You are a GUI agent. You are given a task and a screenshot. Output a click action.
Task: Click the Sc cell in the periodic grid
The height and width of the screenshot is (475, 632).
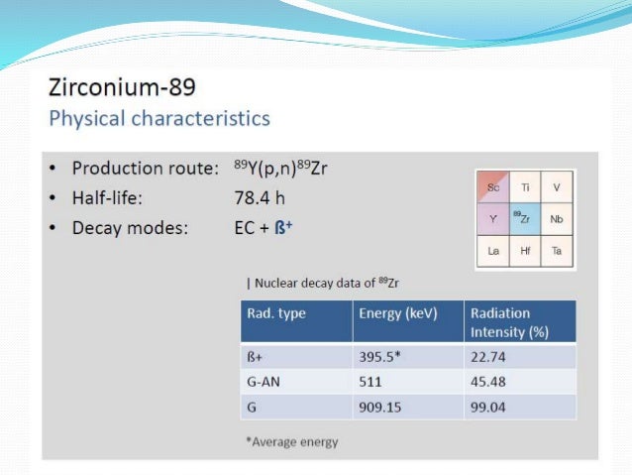click(x=493, y=186)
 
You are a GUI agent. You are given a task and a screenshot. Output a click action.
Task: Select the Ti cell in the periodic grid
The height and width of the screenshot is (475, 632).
click(x=526, y=186)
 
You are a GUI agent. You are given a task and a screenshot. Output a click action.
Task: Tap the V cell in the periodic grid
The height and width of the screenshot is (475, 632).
click(x=558, y=186)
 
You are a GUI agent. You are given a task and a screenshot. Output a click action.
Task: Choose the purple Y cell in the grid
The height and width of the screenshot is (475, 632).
click(x=493, y=218)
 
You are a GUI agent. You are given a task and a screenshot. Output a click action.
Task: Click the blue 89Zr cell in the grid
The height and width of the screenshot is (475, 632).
click(x=526, y=218)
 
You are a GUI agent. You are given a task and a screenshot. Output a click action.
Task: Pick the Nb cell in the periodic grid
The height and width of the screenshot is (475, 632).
click(x=558, y=218)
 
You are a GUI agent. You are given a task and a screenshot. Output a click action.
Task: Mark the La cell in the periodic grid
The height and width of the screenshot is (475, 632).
click(x=493, y=251)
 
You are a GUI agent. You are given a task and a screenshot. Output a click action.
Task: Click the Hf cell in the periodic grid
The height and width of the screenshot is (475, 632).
click(x=526, y=251)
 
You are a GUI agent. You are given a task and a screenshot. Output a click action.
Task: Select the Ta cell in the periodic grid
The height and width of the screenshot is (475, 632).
click(x=558, y=251)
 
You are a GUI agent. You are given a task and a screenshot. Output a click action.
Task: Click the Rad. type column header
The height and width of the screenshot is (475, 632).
click(x=276, y=313)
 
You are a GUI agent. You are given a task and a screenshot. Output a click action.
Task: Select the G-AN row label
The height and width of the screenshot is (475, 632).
click(x=263, y=381)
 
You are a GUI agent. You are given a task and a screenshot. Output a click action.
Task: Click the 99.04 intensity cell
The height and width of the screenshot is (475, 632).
click(x=488, y=406)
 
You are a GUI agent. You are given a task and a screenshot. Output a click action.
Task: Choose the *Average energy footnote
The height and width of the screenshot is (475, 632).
click(x=291, y=441)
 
